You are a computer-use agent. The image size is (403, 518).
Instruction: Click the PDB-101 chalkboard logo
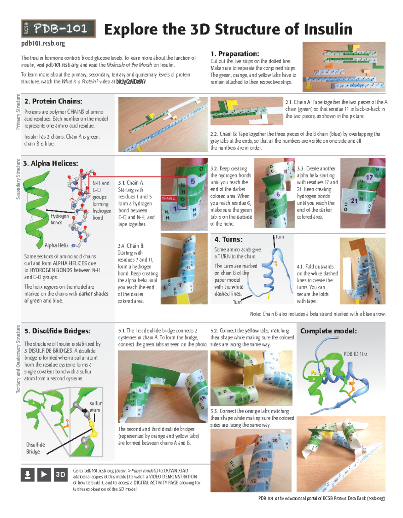pos(58,29)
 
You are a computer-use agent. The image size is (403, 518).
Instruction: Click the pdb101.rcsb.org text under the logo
pos(43,43)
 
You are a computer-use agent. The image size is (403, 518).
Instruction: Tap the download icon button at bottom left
pos(28,474)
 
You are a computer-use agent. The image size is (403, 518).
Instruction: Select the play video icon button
pos(44,474)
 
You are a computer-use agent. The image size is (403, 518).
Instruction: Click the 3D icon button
pos(60,474)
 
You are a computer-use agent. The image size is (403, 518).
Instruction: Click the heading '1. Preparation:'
pos(235,54)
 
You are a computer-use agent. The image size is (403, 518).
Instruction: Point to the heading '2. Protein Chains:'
pos(53,101)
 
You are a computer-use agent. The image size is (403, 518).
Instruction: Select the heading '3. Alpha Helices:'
pos(51,163)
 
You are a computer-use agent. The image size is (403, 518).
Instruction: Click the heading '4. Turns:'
pos(228,239)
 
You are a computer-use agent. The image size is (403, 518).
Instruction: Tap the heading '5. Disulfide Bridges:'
pos(57,331)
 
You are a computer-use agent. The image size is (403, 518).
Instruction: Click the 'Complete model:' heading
pos(328,331)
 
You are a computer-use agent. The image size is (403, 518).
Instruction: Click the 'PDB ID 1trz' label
pos(355,354)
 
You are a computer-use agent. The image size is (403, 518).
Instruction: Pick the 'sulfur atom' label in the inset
pos(95,407)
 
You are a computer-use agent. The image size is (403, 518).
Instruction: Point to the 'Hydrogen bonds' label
pos(59,219)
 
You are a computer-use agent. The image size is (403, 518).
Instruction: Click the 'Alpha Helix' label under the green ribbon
pos(56,245)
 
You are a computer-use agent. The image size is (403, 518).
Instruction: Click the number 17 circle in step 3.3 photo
pos(369,177)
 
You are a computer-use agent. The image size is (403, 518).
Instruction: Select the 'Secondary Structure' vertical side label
pos(18,179)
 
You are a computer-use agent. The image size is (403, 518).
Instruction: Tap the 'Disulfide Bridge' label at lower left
pos(35,448)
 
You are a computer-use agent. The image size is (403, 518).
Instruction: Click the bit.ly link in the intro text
pos(131,82)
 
